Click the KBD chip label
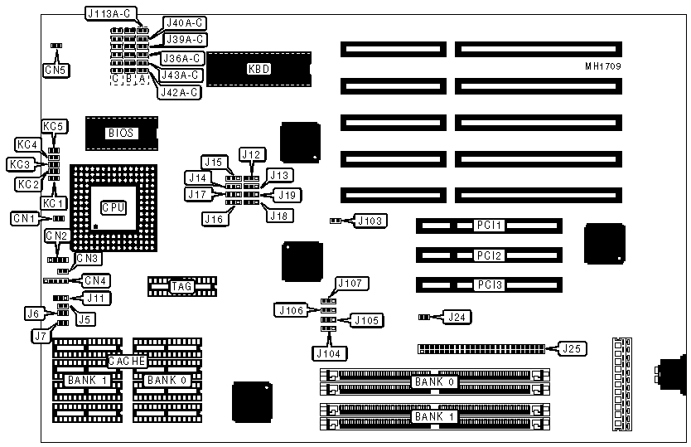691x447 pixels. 259,69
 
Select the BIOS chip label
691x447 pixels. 120,133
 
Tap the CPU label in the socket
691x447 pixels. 114,207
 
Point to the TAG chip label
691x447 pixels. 181,287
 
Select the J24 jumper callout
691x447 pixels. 457,317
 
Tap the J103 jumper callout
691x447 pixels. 370,221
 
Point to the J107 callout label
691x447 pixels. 349,284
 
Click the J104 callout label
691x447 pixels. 331,353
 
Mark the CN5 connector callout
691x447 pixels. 56,70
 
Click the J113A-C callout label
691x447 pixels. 113,13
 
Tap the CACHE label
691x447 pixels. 128,362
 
